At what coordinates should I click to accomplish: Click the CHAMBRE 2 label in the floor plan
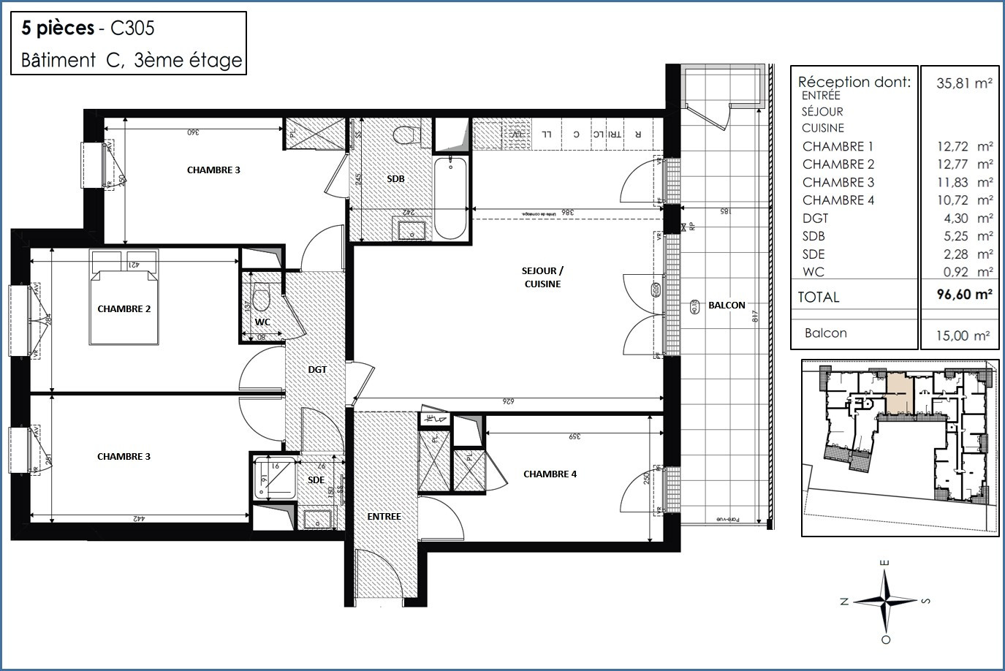coord(124,308)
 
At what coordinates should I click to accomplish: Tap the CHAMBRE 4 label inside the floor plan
coord(550,474)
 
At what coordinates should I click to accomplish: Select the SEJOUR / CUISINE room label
coord(542,278)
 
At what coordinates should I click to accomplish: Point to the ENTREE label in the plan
coord(384,516)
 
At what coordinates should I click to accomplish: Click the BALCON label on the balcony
coord(727,305)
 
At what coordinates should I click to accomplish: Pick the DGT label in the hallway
coord(317,370)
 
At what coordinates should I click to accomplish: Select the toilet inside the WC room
coord(260,300)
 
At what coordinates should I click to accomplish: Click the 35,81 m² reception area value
coord(964,83)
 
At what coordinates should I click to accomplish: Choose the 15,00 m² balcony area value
coord(964,335)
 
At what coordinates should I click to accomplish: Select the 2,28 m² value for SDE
coord(964,254)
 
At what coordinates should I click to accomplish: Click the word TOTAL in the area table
coord(819,297)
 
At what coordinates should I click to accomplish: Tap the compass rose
coord(885,601)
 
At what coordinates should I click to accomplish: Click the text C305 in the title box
coord(131,29)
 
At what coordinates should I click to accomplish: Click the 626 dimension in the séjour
coord(509,401)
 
